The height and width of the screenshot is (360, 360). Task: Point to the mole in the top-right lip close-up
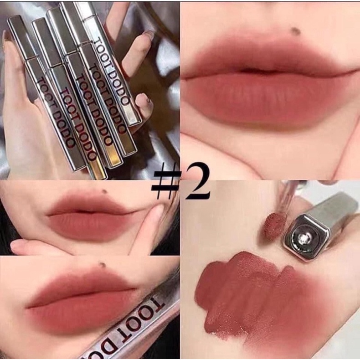297,31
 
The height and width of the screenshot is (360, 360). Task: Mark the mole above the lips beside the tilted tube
103,264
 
